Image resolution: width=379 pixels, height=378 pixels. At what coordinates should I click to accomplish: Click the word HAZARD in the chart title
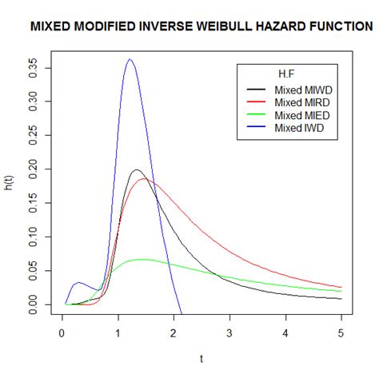[x=269, y=26]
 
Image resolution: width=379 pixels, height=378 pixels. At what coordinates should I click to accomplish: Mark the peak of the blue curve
[x=130, y=59]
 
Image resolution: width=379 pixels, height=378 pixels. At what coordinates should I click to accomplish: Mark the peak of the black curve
[x=137, y=170]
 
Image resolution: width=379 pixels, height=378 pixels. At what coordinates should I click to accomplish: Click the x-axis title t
[x=202, y=360]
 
